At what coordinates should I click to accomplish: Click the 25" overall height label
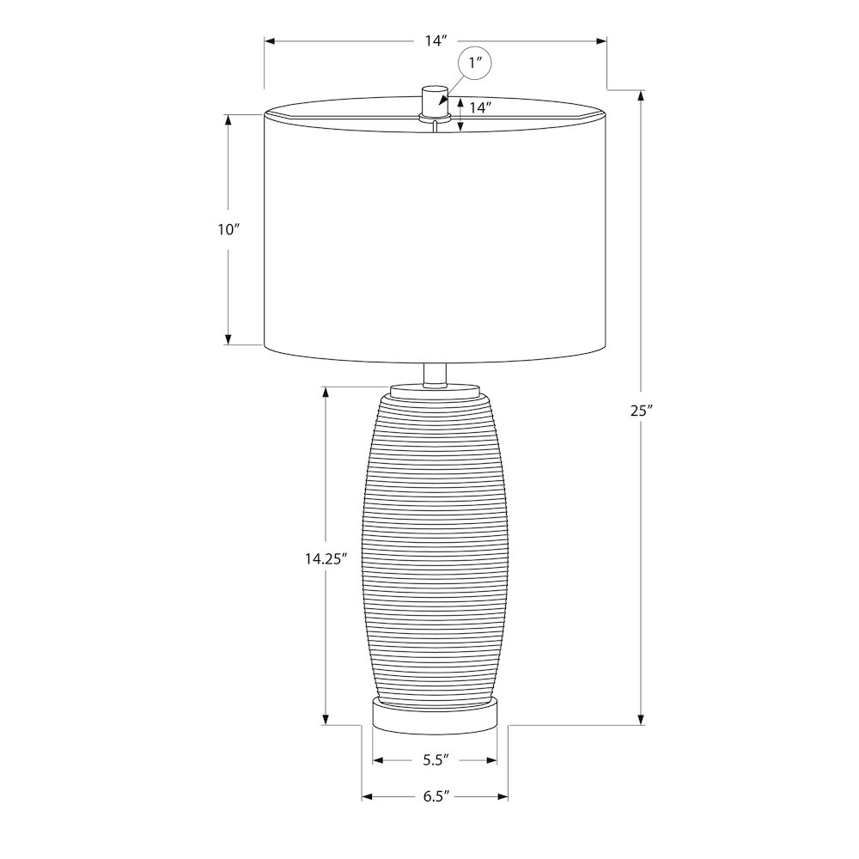coord(642,411)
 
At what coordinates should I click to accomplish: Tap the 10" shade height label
coord(229,229)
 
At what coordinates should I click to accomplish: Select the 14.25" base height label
coord(326,558)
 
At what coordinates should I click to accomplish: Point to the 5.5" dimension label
coord(436,760)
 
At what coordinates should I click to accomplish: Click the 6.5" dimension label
coord(436,796)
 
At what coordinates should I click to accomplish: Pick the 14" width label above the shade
coord(436,40)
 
